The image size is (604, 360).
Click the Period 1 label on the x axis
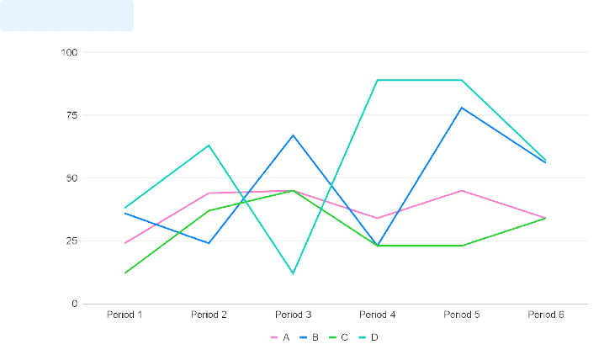tap(125, 315)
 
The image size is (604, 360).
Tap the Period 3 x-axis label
tap(293, 315)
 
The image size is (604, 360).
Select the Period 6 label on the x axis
tap(546, 315)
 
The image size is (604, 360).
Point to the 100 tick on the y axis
tap(69, 52)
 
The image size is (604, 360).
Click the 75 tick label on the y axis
tap(72, 115)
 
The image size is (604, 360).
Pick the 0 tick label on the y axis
tap(74, 304)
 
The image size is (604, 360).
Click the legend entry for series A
tap(281, 336)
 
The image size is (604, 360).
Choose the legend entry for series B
tap(309, 336)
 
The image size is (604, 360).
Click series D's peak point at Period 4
tap(377, 80)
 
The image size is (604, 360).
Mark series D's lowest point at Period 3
tap(293, 273)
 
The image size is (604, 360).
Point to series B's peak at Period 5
tap(462, 108)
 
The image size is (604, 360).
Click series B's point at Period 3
tap(293, 135)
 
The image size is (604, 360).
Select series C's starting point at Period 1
tap(125, 273)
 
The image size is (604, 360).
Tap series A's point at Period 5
tap(462, 191)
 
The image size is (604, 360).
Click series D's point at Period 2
tap(209, 146)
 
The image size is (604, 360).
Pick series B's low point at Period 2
tap(209, 243)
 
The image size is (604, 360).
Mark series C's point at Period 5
tap(462, 246)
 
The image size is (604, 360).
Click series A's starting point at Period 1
tap(125, 243)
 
